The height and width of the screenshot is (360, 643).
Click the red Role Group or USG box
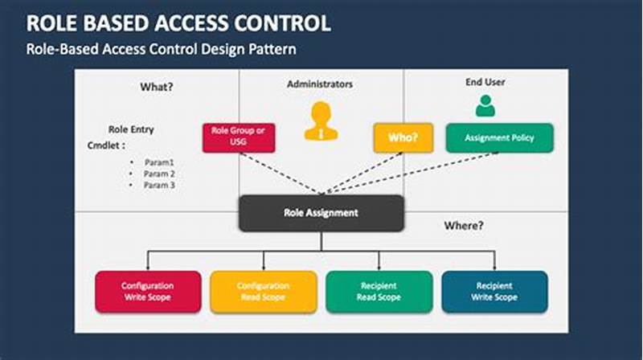tap(239, 137)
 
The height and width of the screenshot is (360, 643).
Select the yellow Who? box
tap(402, 137)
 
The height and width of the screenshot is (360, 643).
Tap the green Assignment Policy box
tap(499, 137)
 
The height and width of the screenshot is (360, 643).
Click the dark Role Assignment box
tap(321, 213)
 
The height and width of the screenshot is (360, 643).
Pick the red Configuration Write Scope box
tap(148, 291)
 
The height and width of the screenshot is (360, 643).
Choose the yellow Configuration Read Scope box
tap(263, 291)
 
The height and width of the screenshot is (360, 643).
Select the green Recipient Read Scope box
tap(378, 291)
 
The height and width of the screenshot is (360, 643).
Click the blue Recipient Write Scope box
tap(494, 291)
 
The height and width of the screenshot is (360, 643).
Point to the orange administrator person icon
tap(321, 121)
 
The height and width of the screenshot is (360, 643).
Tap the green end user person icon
tap(485, 105)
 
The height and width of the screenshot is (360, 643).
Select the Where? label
tap(464, 226)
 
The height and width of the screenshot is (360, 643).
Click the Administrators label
tap(319, 84)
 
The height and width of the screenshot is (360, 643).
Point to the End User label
tap(485, 82)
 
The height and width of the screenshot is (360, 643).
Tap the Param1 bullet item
tap(159, 162)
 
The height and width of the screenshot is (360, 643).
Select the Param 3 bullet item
tap(160, 186)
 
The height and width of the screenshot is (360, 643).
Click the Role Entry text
tap(131, 129)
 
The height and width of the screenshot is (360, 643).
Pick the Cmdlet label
tap(106, 145)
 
